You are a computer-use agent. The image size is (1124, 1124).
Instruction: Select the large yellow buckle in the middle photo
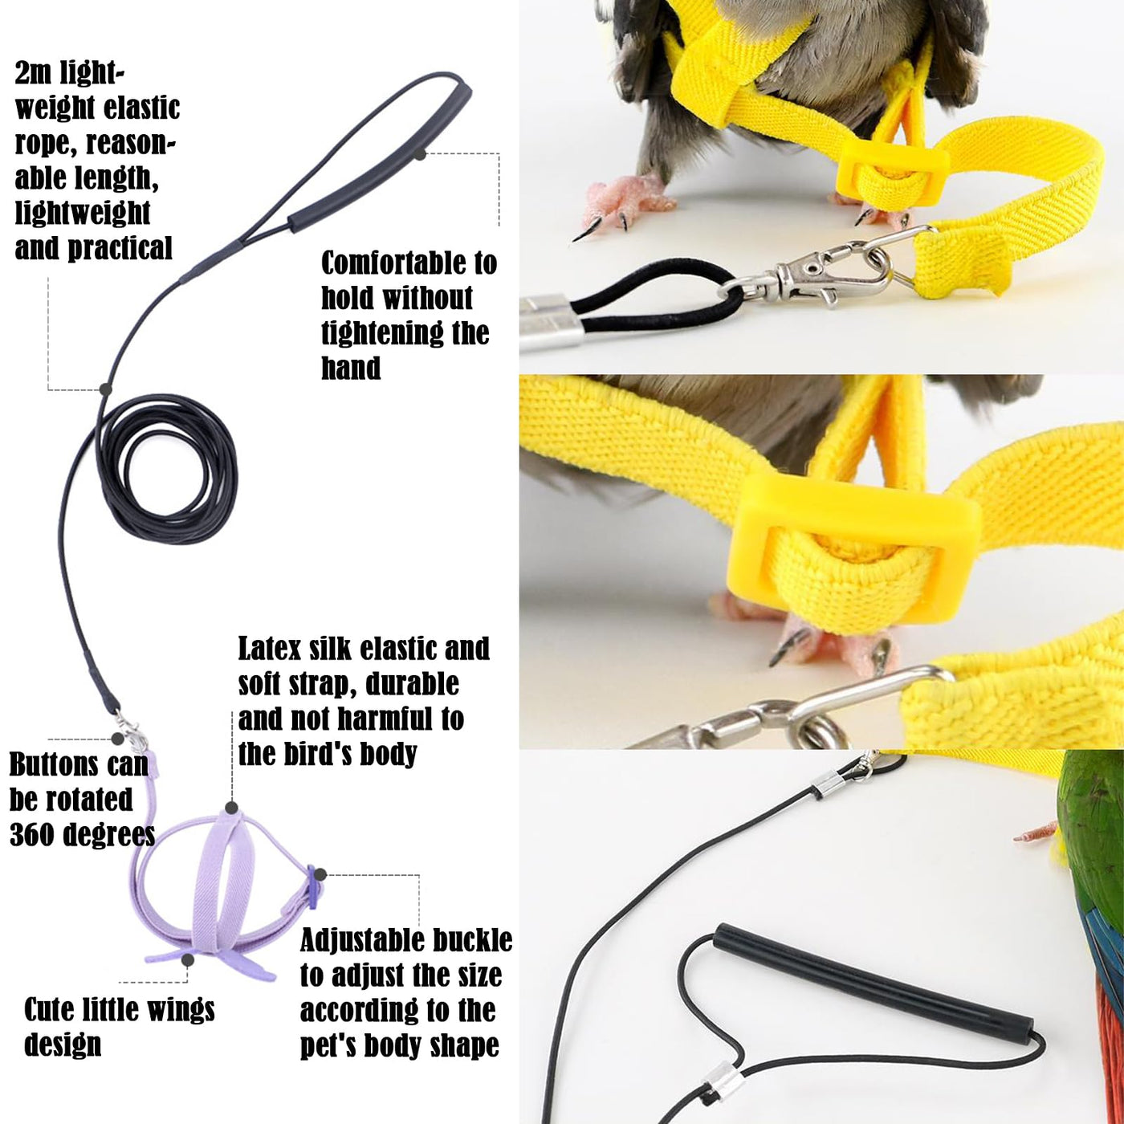coord(853,548)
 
